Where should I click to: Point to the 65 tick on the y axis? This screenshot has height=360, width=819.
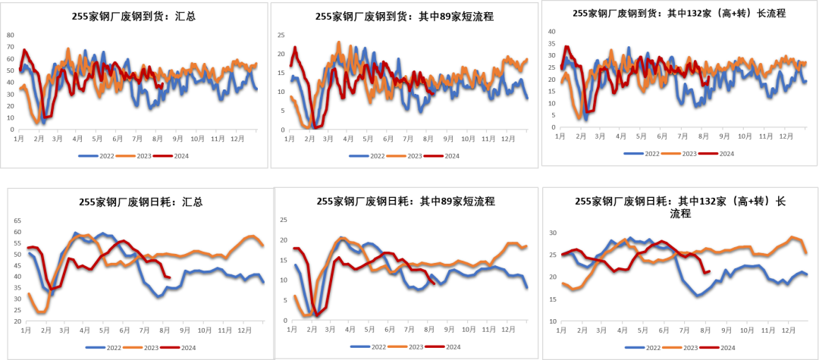18,221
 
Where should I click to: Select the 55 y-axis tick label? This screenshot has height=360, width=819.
18,243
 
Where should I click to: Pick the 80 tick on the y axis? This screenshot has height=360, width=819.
10,35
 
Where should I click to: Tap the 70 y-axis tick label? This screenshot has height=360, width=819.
10,47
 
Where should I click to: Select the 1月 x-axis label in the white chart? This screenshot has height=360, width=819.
27,331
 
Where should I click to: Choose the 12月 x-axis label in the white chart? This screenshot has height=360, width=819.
245,331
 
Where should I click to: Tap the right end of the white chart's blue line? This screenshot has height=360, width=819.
263,282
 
